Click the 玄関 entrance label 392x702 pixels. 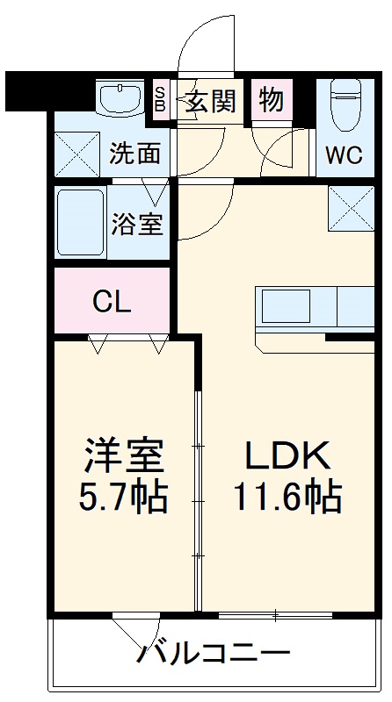pos(211,101)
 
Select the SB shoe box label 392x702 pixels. pos(160,98)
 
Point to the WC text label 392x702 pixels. pos(344,155)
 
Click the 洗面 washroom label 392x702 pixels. pos(134,154)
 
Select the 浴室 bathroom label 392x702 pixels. pos(137,223)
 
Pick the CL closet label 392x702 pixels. pos(113,302)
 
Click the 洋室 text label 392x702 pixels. pos(124,455)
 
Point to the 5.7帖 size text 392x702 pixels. pos(124,498)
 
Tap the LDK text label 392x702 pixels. pos(287,455)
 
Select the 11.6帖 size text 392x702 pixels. pos(287,498)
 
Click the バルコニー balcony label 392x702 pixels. pos(214,653)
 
